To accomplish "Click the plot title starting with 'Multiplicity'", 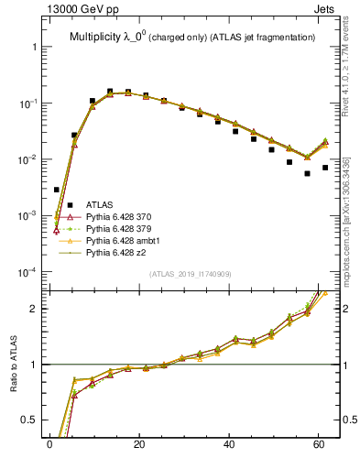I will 192,37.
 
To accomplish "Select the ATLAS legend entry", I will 100,204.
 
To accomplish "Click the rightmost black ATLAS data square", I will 325,168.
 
